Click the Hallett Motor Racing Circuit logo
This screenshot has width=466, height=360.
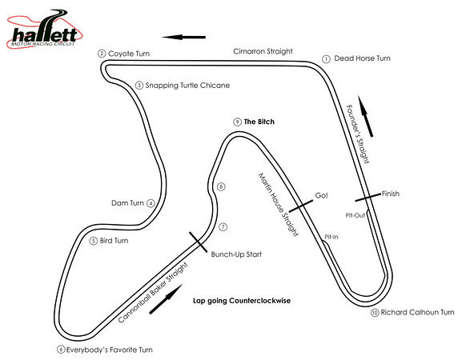pyautogui.click(x=45, y=29)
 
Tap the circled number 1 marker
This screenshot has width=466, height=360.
pyautogui.click(x=326, y=59)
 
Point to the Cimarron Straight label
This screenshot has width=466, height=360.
pyautogui.click(x=263, y=51)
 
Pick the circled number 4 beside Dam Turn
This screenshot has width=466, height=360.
pyautogui.click(x=151, y=203)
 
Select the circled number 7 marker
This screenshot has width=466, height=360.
pyautogui.click(x=223, y=227)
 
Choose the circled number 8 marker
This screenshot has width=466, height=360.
pyautogui.click(x=221, y=187)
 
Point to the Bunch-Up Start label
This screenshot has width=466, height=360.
pyautogui.click(x=236, y=254)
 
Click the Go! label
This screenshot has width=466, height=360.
pyautogui.click(x=321, y=195)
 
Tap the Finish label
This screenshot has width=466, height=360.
pyautogui.click(x=391, y=194)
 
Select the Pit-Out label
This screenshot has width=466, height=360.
pyautogui.click(x=356, y=215)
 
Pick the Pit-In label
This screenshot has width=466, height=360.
pyautogui.click(x=331, y=237)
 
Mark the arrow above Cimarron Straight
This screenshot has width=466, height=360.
pyautogui.click(x=183, y=37)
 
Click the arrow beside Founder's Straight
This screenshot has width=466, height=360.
pyautogui.click(x=366, y=116)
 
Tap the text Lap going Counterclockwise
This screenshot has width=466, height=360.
pyautogui.click(x=242, y=301)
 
